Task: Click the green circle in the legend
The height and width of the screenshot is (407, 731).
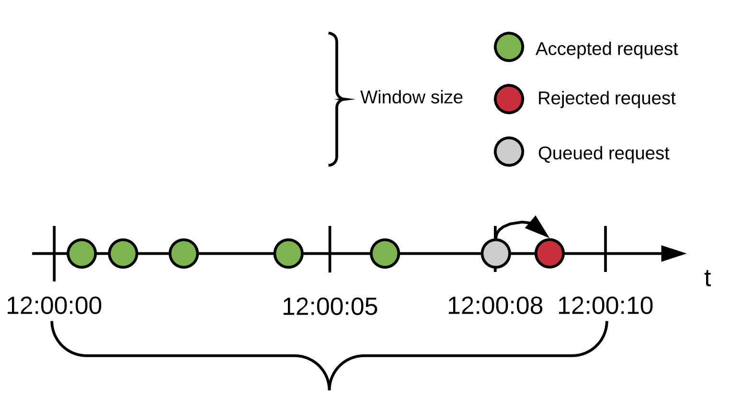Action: point(509,47)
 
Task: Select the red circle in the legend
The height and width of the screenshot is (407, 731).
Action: point(509,99)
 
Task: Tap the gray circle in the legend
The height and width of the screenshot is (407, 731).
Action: point(509,152)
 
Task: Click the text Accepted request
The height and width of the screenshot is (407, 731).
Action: point(606,49)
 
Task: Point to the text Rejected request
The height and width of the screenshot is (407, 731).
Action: point(606,98)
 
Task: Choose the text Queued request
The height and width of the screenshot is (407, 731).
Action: point(604,153)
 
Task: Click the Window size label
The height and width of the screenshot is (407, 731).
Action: point(411,97)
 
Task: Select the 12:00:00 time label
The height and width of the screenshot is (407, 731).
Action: point(54,306)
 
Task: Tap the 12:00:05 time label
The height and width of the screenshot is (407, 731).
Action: point(330,307)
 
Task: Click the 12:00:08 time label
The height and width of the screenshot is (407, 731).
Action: point(495,306)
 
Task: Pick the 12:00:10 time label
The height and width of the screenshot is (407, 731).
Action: point(605,306)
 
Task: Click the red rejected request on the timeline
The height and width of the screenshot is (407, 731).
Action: point(549,253)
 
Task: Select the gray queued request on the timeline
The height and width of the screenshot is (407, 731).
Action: point(496,253)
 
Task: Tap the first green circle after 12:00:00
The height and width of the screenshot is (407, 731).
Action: point(82,253)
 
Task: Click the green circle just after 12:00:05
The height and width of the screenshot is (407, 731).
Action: point(385,253)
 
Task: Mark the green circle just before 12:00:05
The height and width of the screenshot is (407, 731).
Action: point(288,253)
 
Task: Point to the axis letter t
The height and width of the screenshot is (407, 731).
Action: point(708,278)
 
